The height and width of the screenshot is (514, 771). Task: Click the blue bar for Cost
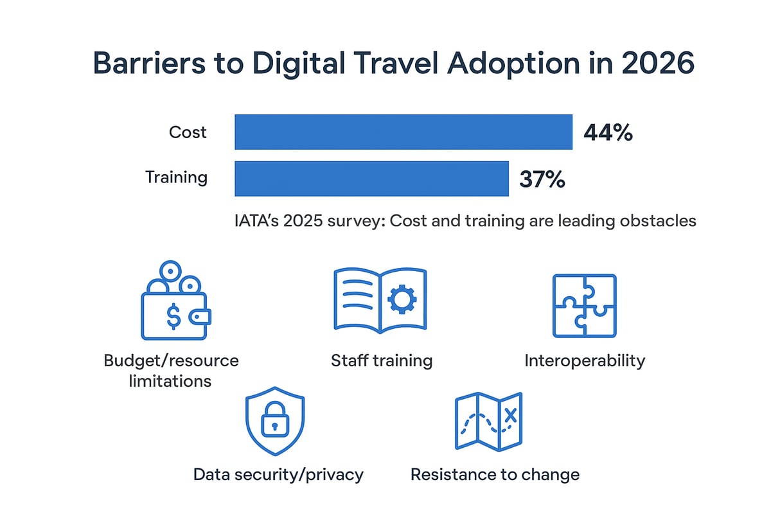(403, 132)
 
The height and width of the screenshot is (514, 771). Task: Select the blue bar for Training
(371, 178)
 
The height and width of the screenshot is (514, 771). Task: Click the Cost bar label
(188, 132)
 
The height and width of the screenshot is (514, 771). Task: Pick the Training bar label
(176, 177)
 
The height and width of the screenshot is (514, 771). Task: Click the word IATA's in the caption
(259, 221)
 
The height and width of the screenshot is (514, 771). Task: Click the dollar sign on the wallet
(173, 315)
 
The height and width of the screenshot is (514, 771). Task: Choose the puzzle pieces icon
(584, 305)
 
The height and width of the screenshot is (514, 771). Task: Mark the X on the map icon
(511, 416)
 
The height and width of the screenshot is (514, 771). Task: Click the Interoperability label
(584, 360)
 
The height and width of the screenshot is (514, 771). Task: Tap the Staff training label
(382, 360)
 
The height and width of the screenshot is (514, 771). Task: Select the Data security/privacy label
(278, 475)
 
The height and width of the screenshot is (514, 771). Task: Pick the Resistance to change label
(495, 475)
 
